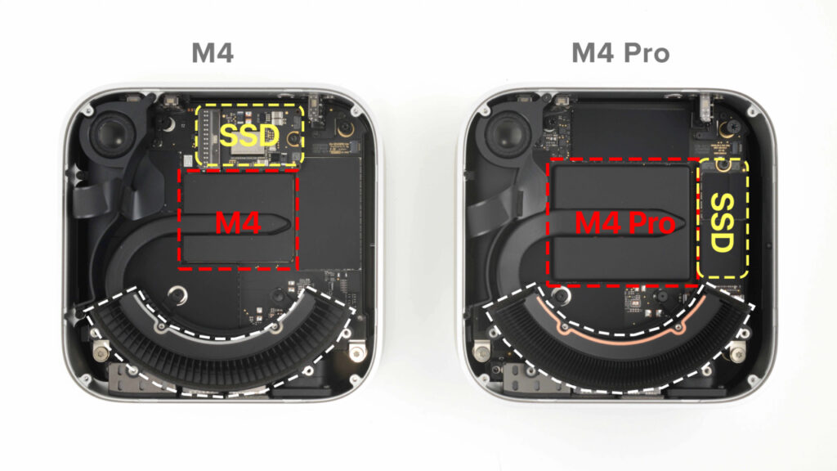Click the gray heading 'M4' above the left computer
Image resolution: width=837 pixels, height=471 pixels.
(x=213, y=54)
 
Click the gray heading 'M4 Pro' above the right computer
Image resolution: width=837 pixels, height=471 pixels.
(x=620, y=54)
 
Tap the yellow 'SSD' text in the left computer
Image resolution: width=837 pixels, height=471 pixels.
(x=250, y=136)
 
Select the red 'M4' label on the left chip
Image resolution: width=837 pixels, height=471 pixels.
(x=238, y=222)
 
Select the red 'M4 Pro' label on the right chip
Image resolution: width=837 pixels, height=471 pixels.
(x=625, y=222)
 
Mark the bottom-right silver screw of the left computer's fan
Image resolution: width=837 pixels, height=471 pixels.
(x=356, y=352)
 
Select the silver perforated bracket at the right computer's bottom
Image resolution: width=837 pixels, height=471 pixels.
(x=521, y=377)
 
